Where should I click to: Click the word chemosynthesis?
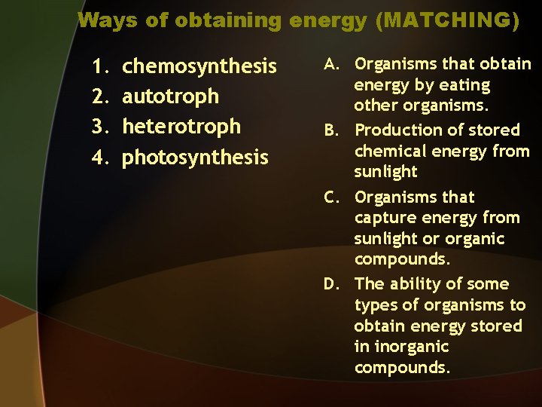click(x=199, y=67)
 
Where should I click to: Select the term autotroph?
click(x=171, y=96)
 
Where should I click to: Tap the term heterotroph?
click(x=181, y=127)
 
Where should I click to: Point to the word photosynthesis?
click(x=195, y=158)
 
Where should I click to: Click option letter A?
click(x=332, y=64)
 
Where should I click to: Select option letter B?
click(x=332, y=130)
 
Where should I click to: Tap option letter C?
click(x=332, y=197)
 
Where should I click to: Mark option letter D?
click(x=332, y=284)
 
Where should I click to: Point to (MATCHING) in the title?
click(x=451, y=20)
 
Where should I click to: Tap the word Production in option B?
click(x=397, y=130)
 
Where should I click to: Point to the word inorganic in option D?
click(x=411, y=347)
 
